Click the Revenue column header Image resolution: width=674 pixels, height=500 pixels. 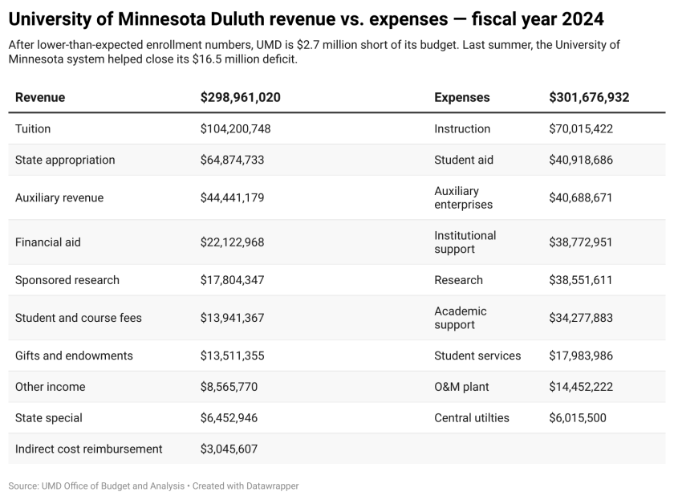tap(40, 98)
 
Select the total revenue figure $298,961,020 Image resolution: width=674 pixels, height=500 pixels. tap(240, 98)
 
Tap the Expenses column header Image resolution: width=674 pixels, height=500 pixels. tap(461, 98)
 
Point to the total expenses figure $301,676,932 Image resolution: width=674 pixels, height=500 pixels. tap(589, 98)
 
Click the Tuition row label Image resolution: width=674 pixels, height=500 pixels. tap(33, 129)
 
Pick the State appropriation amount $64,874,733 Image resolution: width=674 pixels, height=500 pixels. tap(232, 161)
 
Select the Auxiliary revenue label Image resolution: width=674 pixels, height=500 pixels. tap(59, 198)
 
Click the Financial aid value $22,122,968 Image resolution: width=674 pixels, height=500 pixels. tap(232, 242)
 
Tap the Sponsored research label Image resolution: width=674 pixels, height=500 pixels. tap(67, 280)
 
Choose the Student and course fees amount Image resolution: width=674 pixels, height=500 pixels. tap(232, 318)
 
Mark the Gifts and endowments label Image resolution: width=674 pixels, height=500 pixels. tap(74, 356)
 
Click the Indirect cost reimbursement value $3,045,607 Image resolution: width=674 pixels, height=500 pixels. tap(229, 449)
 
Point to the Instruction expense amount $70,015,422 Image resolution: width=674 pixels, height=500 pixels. tap(581, 129)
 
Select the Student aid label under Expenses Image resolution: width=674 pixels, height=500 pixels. tap(464, 161)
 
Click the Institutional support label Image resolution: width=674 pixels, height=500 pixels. tap(465, 242)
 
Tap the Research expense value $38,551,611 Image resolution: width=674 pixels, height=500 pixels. tap(581, 280)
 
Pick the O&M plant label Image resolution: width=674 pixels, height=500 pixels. tap(461, 387)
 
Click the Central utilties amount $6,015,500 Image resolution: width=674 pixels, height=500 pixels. tap(578, 418)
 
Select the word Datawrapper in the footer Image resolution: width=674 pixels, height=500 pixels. tap(271, 486)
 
